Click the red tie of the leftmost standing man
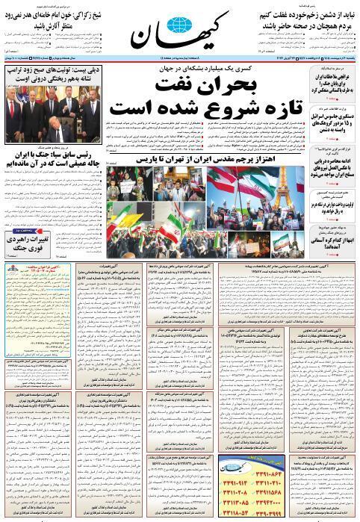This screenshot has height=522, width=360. tap(16, 119)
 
